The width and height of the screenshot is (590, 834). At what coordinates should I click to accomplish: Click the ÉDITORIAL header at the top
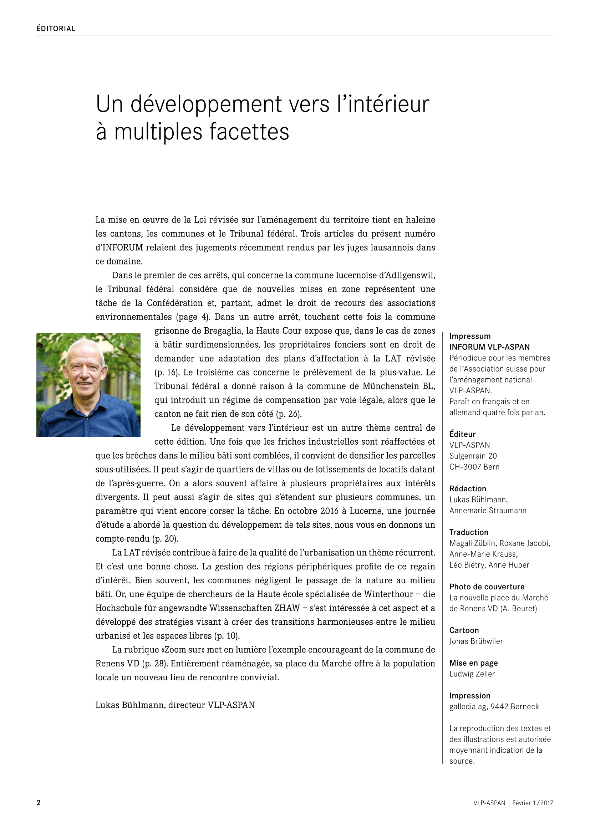click(x=56, y=29)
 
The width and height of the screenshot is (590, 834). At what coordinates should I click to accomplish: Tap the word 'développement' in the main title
click(x=206, y=104)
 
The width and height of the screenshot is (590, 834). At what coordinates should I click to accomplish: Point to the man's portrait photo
click(x=88, y=385)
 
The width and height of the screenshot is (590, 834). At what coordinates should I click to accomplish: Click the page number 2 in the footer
click(x=39, y=802)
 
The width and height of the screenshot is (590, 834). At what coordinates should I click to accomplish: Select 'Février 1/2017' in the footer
click(x=533, y=803)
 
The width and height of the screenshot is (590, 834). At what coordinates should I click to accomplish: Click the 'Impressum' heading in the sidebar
click(x=470, y=336)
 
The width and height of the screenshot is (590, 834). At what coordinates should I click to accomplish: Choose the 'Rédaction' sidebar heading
click(x=468, y=488)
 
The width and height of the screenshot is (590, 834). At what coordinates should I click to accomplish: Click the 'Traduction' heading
click(x=469, y=532)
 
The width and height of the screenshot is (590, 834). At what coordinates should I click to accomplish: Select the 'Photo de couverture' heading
click(x=487, y=587)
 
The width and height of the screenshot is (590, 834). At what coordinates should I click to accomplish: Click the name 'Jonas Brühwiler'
click(x=476, y=641)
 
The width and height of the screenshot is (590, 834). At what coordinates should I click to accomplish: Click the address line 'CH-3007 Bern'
click(x=474, y=467)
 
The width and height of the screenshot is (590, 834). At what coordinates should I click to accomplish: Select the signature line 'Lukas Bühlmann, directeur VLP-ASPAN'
click(x=175, y=705)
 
